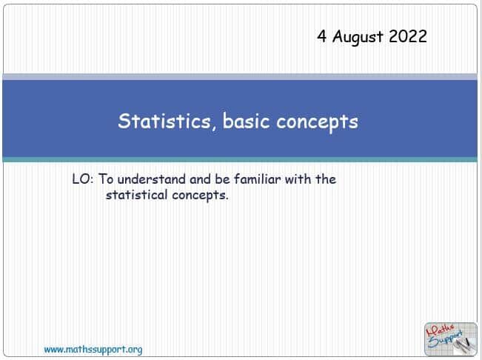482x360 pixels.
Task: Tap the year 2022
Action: tap(407, 36)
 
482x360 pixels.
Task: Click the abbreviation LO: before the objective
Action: tap(81, 179)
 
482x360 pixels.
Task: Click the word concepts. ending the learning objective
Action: tap(201, 197)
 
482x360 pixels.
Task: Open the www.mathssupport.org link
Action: tap(93, 349)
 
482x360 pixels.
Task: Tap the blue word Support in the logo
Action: tap(446, 339)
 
